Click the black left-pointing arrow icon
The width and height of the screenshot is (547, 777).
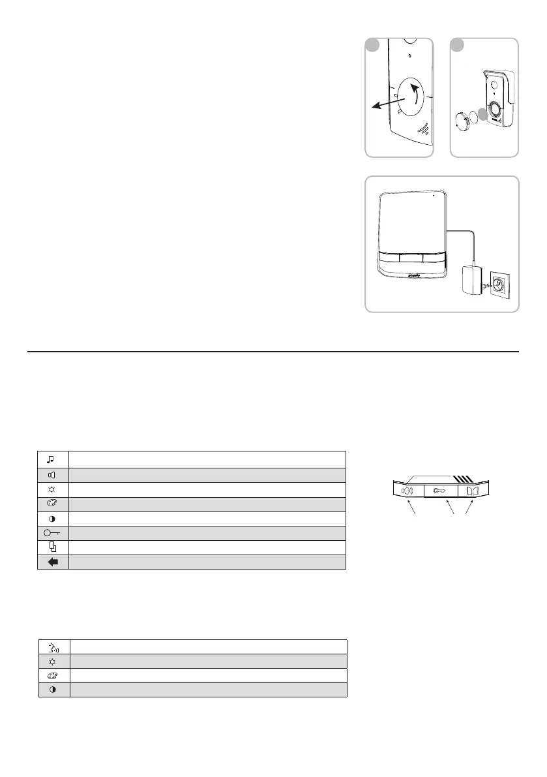click(53, 562)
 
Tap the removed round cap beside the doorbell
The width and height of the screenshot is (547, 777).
click(464, 122)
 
